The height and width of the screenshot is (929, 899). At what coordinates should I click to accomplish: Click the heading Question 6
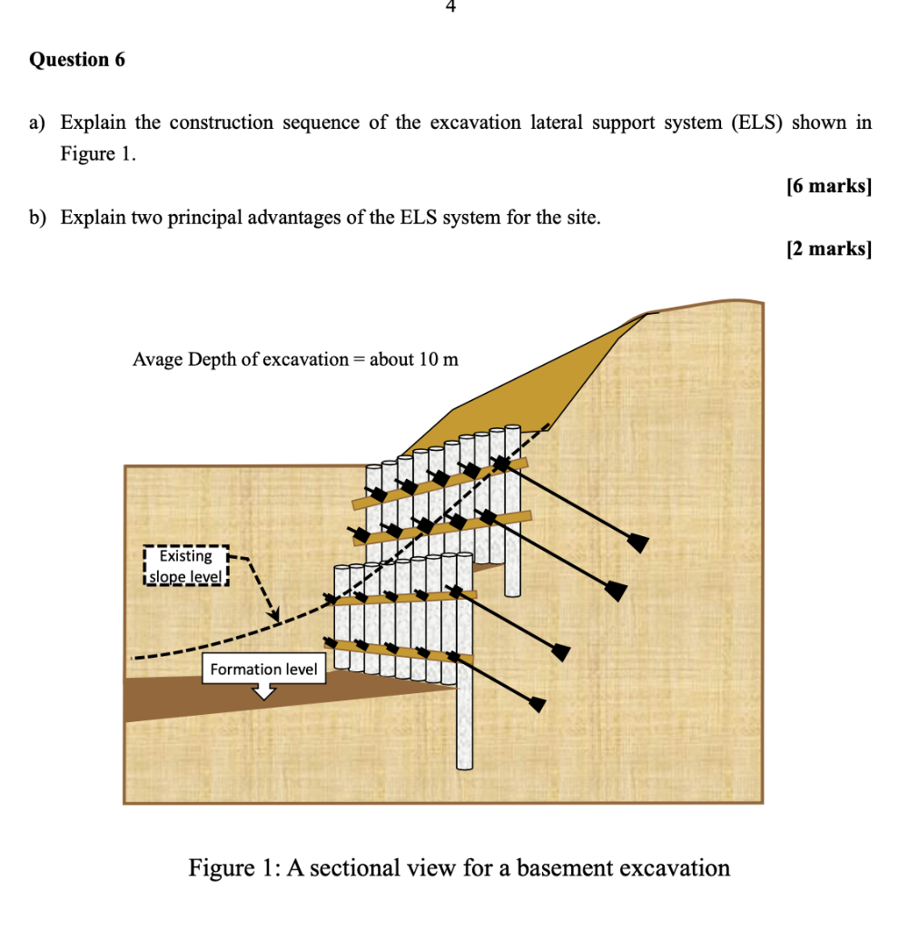point(77,60)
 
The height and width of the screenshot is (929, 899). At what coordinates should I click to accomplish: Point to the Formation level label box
point(263,670)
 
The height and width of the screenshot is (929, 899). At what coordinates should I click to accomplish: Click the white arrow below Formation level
point(264,691)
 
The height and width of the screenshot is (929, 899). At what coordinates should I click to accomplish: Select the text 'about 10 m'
point(414,359)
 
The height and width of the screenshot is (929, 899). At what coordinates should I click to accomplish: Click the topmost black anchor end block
point(638,543)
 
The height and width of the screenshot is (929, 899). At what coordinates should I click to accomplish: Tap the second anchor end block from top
point(617,592)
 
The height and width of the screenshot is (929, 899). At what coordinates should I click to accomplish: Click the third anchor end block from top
point(561,652)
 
